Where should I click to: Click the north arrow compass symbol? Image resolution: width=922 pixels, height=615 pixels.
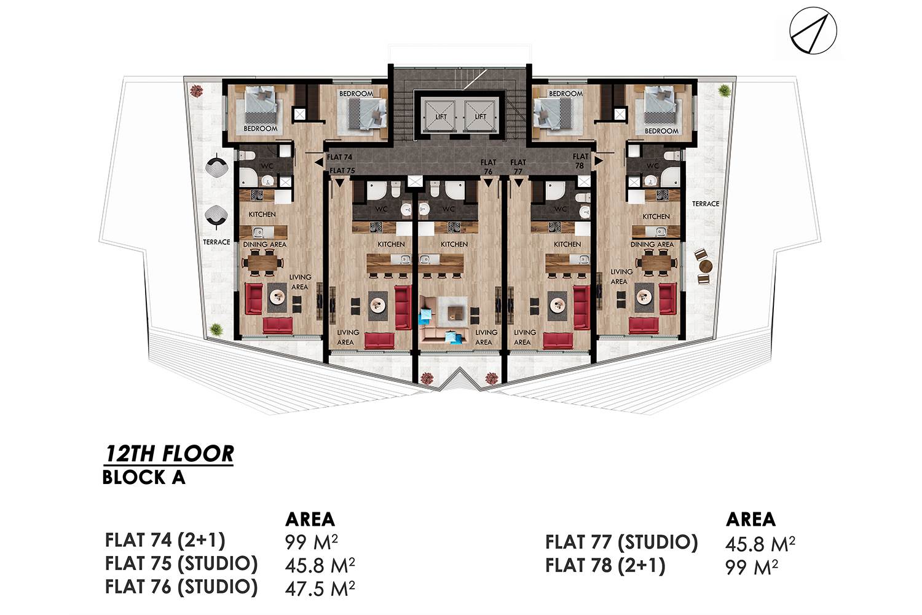click(x=813, y=31)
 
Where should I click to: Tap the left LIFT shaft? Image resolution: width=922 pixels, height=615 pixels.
click(x=441, y=116)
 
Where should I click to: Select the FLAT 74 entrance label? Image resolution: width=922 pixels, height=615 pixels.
click(x=339, y=157)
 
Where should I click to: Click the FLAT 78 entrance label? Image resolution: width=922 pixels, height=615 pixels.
click(x=580, y=161)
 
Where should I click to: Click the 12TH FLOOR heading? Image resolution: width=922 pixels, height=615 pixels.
click(x=169, y=454)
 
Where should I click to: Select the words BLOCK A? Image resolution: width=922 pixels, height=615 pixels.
click(x=144, y=478)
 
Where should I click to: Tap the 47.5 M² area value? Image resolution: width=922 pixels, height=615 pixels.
click(x=320, y=588)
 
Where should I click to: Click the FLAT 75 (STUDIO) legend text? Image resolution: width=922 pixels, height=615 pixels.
click(x=181, y=563)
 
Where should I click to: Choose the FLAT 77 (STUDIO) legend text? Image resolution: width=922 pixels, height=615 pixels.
click(x=621, y=542)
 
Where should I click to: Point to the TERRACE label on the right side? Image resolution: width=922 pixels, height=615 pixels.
click(x=706, y=204)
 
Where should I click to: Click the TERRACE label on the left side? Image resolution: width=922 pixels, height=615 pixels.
click(x=216, y=242)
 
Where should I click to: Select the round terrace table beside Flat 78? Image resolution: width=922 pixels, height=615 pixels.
click(x=706, y=266)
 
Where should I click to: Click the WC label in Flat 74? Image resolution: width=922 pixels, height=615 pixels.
click(x=267, y=166)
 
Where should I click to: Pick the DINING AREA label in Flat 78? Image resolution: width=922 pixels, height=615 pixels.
click(x=652, y=244)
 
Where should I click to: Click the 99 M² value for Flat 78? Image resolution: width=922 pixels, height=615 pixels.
click(x=752, y=567)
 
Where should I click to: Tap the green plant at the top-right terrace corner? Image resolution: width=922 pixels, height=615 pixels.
click(x=724, y=89)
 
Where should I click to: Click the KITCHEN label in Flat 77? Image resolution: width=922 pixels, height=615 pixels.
click(x=567, y=244)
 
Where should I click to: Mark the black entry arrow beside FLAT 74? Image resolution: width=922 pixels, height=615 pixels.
click(x=319, y=162)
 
